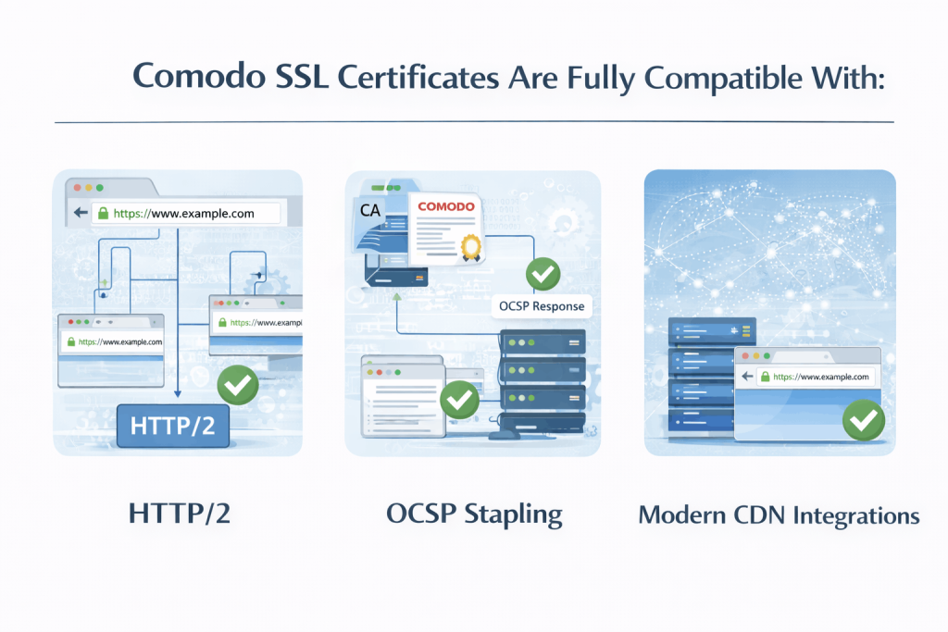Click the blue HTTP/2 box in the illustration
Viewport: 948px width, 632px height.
[x=172, y=428]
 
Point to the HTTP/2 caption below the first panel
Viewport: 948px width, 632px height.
[x=176, y=514]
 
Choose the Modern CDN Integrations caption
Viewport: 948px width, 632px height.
[x=779, y=514]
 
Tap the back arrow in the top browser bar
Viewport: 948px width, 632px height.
[x=80, y=213]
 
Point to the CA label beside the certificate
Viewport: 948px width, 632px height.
[x=370, y=210]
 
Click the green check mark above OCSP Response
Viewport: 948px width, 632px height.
[x=543, y=274]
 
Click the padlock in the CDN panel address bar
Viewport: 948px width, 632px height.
[x=765, y=377]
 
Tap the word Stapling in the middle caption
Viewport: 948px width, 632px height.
[x=516, y=514]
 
